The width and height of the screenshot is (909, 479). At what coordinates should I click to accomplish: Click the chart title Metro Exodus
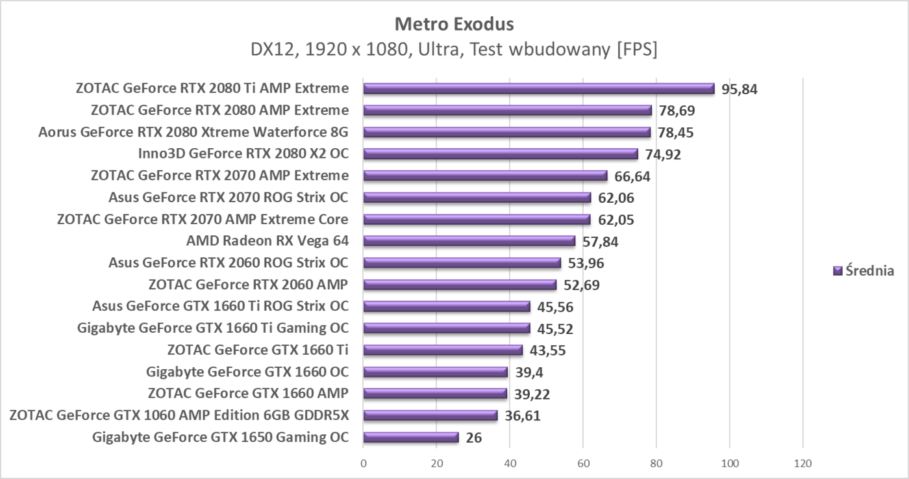[454, 25]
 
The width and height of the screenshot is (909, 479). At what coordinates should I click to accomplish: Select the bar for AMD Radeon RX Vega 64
[469, 241]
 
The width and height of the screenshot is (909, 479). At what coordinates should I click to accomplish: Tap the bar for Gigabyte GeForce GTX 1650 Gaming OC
[410, 437]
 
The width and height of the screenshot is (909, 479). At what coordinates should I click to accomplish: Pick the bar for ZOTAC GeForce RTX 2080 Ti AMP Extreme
[538, 88]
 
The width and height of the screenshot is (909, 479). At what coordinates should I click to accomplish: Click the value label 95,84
[740, 89]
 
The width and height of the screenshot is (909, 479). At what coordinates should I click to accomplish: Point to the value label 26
[474, 437]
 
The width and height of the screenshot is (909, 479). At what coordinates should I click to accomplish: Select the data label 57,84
[601, 242]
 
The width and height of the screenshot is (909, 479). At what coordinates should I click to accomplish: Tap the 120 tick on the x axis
[803, 463]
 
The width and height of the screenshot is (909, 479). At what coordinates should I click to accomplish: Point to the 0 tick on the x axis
[363, 463]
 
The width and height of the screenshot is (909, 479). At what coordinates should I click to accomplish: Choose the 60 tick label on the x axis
[583, 463]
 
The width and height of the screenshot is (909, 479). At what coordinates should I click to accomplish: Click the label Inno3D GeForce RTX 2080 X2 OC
[243, 154]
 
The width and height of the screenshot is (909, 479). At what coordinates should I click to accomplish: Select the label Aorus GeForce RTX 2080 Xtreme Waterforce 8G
[193, 133]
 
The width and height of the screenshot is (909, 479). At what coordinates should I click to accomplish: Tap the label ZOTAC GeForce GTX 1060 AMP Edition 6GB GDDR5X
[179, 415]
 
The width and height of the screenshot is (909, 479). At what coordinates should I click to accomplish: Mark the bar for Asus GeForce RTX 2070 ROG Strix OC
[477, 198]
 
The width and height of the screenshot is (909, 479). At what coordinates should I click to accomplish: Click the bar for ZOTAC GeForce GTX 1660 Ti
[442, 350]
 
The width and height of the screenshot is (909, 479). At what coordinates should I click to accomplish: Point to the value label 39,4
[529, 372]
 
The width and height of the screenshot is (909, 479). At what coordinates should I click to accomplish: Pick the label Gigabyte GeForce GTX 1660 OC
[247, 372]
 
